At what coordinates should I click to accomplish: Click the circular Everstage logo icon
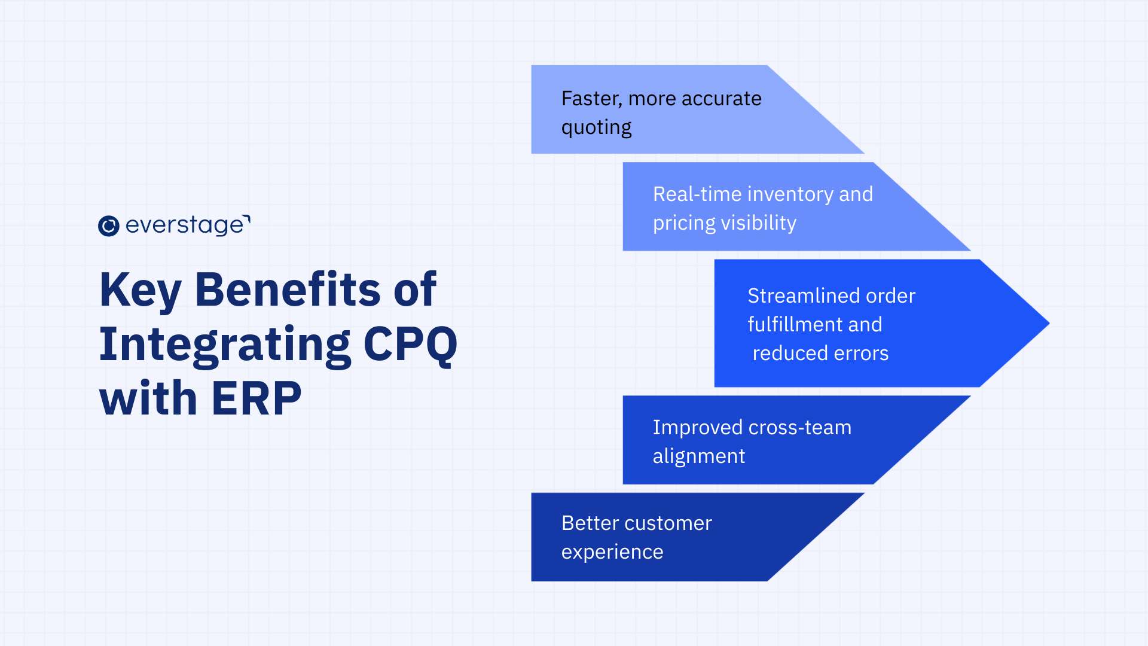109,226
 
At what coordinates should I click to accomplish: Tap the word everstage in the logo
185,226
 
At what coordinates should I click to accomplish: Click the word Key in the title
140,290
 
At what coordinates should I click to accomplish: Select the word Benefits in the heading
288,290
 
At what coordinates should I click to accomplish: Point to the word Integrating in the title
225,345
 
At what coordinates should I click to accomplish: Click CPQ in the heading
410,345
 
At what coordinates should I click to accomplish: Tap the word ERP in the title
257,398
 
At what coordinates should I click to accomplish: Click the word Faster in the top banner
591,99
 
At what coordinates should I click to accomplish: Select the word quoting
596,127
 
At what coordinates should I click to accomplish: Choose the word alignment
698,456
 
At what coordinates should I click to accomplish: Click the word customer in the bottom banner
669,523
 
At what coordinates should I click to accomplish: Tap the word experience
612,552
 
